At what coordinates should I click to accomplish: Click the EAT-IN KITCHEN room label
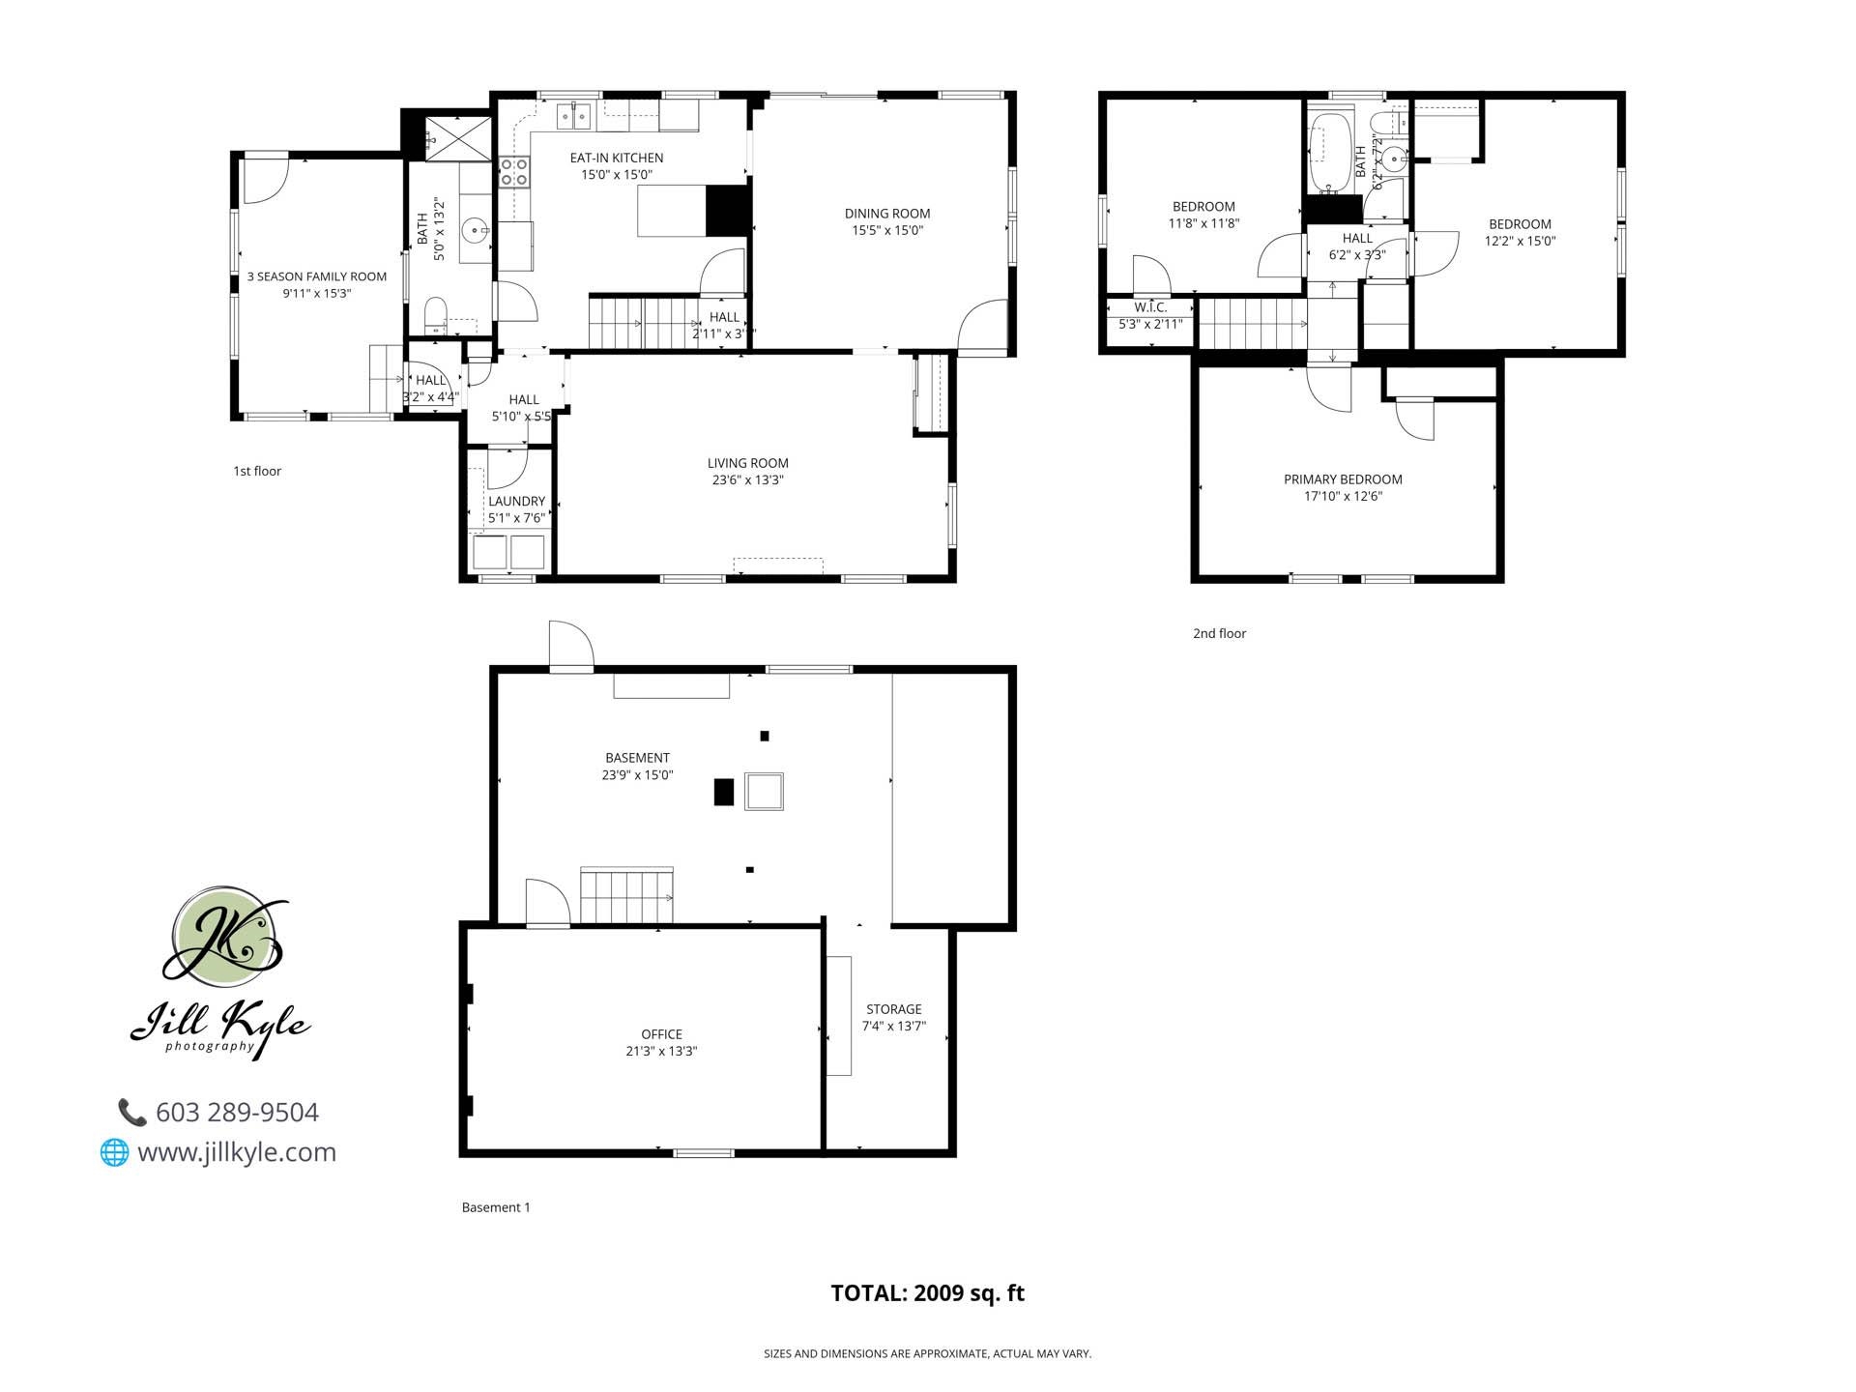(x=616, y=158)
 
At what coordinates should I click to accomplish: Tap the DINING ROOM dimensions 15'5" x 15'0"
(x=886, y=231)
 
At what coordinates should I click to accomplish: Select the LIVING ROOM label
(x=747, y=463)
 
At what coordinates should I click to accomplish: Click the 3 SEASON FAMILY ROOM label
(x=316, y=276)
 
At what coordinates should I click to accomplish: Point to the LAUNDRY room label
(x=516, y=501)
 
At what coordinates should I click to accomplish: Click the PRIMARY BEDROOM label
(x=1342, y=479)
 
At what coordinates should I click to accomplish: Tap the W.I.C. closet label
(x=1150, y=307)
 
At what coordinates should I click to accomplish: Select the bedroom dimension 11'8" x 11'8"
(x=1203, y=223)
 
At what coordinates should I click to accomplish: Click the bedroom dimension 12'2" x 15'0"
(x=1520, y=242)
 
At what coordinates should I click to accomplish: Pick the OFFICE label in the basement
(x=661, y=1034)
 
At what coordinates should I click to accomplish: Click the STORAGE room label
(x=893, y=1009)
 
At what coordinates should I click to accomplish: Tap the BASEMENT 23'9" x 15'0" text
(x=637, y=775)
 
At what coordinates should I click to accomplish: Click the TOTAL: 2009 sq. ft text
(x=927, y=1293)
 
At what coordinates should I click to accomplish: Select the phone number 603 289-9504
(x=237, y=1113)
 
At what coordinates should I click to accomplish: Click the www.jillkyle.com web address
(x=237, y=1152)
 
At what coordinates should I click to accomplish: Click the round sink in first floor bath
(x=475, y=230)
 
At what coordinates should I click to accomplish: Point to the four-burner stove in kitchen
(x=513, y=173)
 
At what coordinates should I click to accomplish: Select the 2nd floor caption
(x=1219, y=634)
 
